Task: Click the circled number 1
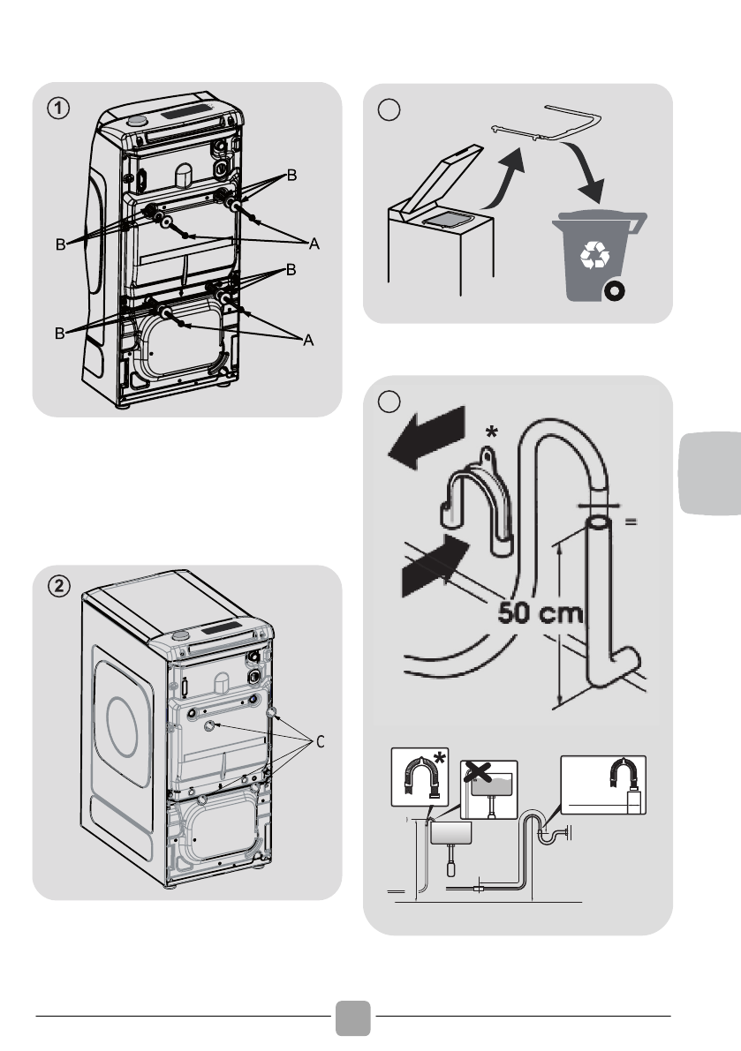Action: point(58,108)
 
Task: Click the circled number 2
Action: point(58,587)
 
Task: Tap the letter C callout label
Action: point(320,742)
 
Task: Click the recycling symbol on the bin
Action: point(594,255)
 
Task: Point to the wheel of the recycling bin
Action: point(614,291)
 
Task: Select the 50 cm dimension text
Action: point(541,612)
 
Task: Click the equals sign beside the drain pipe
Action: point(631,521)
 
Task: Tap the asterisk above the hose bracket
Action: point(492,433)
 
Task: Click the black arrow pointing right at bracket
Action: point(435,565)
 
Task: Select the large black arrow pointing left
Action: point(427,438)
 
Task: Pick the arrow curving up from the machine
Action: point(504,177)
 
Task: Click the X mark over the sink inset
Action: point(477,773)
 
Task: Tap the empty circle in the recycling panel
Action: point(389,109)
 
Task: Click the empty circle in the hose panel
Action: point(389,401)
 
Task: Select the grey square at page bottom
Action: point(352,1018)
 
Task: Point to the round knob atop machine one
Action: point(137,121)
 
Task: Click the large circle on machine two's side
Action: point(122,726)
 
